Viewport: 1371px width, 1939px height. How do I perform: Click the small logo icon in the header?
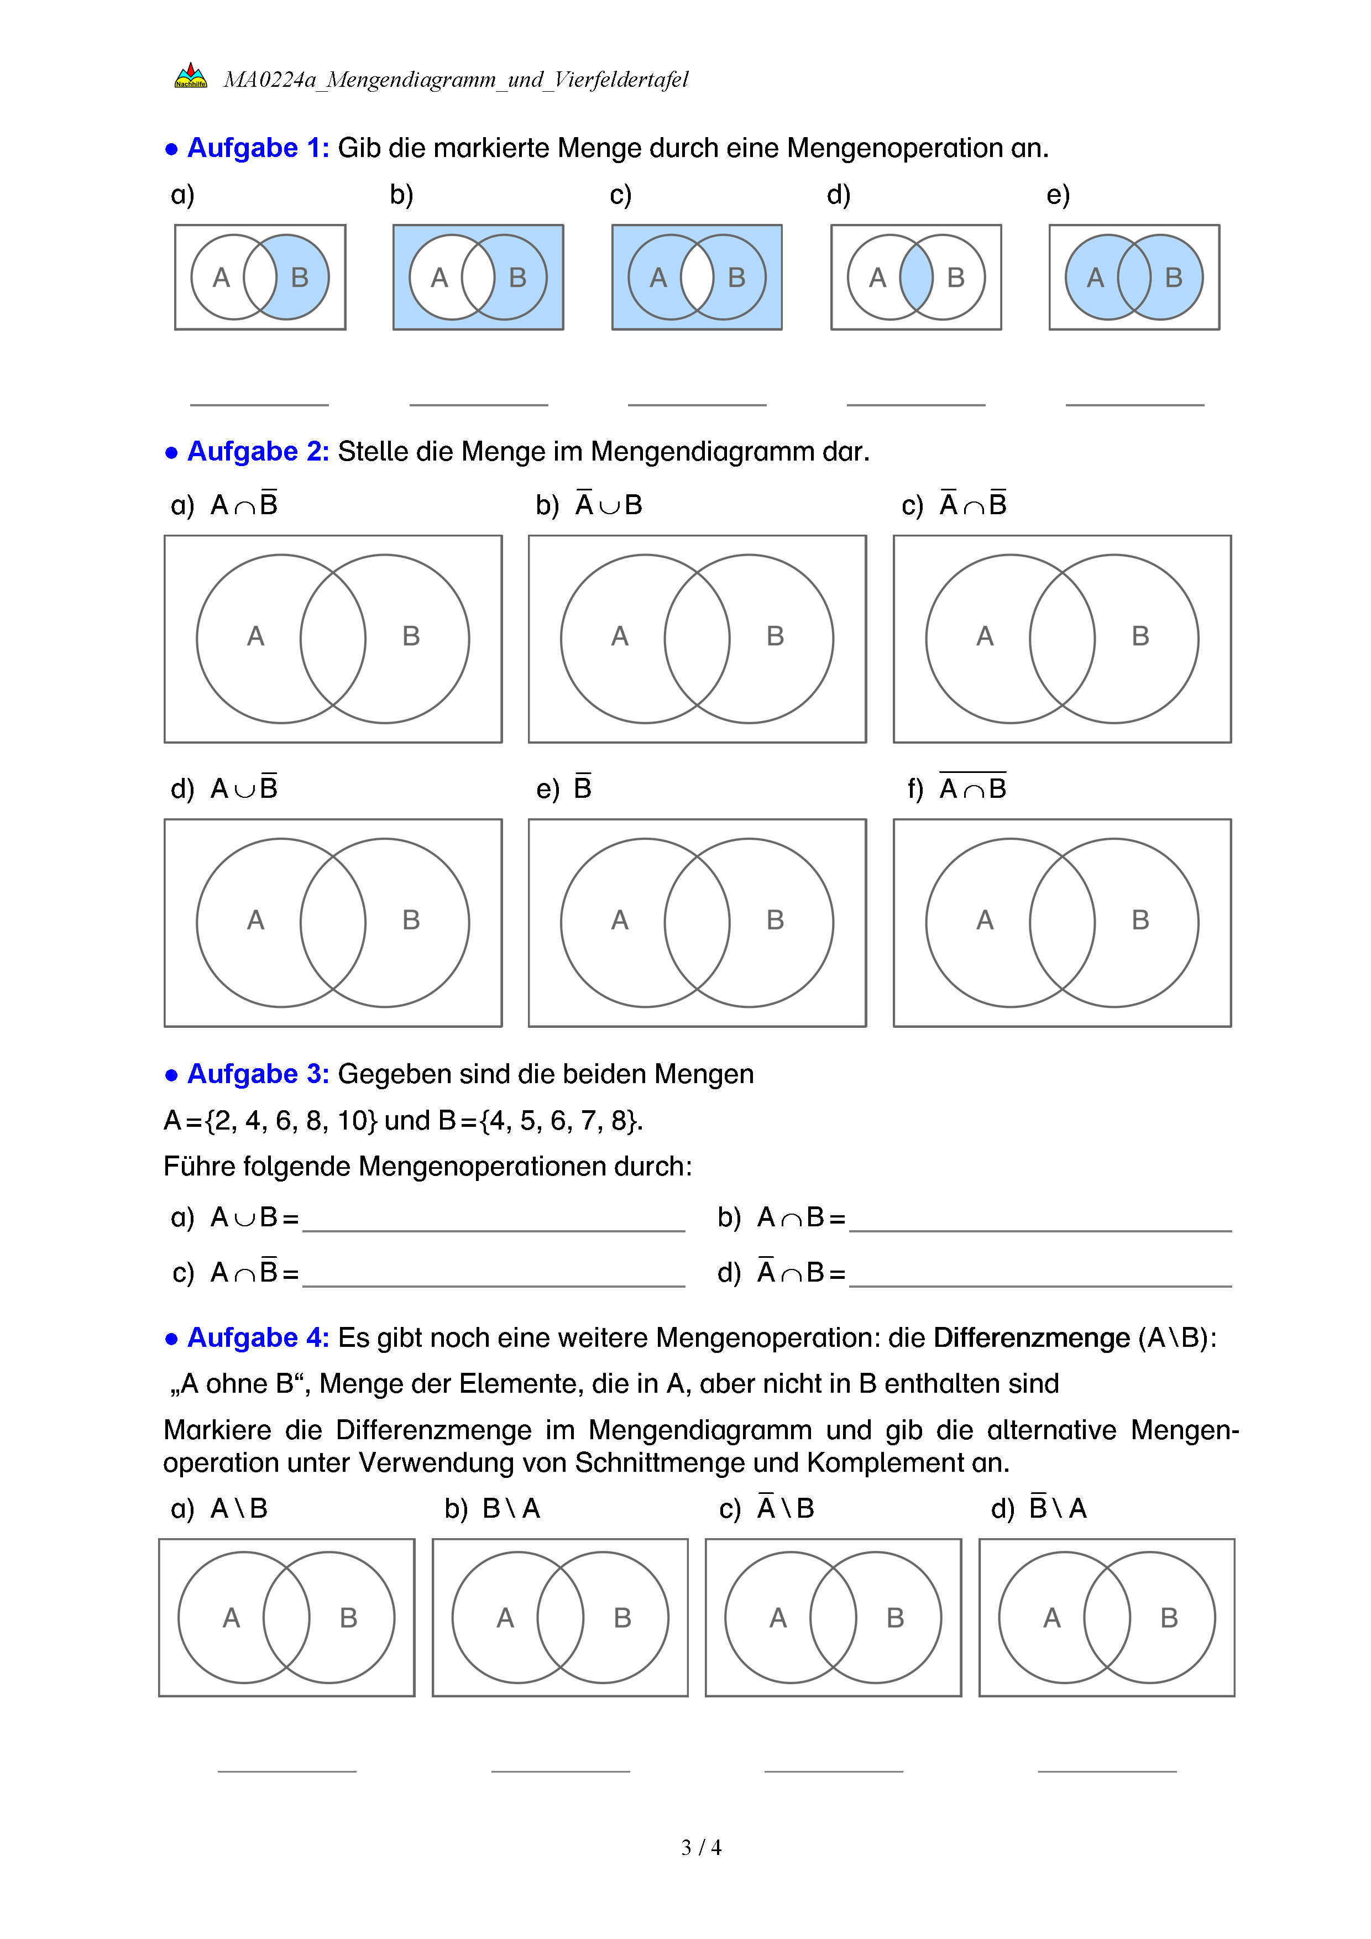pos(191,76)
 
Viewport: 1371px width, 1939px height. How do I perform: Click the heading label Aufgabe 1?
pos(258,148)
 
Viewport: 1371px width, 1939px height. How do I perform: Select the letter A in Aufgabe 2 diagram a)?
pos(256,636)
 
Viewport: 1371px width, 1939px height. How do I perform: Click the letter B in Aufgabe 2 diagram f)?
pos(1140,919)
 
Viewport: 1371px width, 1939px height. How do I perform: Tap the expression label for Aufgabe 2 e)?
pos(583,787)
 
